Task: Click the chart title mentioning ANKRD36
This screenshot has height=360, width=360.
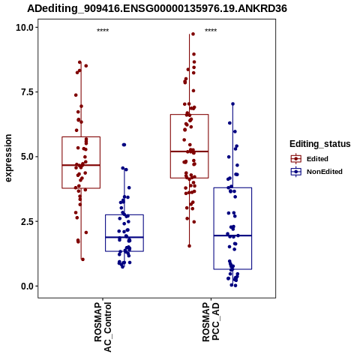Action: click(x=157, y=8)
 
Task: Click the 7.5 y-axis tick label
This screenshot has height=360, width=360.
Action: click(x=27, y=92)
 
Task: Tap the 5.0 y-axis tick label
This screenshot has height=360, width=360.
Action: click(x=27, y=157)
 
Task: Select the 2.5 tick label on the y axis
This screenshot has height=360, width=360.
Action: click(x=27, y=221)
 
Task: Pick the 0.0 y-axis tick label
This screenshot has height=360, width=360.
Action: click(x=27, y=286)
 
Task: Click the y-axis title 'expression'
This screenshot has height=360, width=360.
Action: click(x=8, y=158)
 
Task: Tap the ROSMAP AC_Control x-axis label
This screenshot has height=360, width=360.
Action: click(x=103, y=327)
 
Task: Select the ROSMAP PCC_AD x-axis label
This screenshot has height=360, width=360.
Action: click(x=211, y=322)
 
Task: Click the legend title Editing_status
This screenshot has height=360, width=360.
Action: click(x=320, y=144)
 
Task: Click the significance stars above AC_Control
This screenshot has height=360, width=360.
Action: click(x=103, y=30)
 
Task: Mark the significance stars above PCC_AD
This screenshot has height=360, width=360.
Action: click(x=211, y=30)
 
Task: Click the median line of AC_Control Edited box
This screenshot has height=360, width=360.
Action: click(x=81, y=165)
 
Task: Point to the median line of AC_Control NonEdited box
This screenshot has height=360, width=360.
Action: click(x=124, y=237)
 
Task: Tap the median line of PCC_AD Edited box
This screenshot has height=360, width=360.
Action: click(x=189, y=151)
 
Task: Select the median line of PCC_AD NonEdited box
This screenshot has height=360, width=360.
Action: click(x=232, y=235)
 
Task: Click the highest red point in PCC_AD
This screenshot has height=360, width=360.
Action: click(x=193, y=34)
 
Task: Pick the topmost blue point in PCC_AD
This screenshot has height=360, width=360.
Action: click(x=232, y=103)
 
